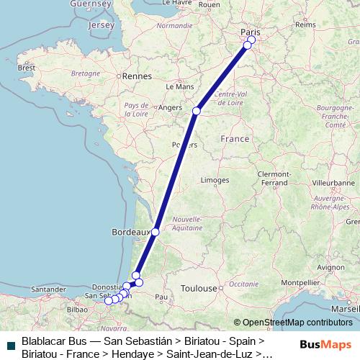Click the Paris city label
click(249, 31)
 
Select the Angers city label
click(169, 108)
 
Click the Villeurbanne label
click(328, 184)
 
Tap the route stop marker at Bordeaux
click(156, 232)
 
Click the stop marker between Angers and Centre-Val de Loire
click(196, 111)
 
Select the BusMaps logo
click(326, 344)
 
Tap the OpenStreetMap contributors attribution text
click(297, 322)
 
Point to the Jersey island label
click(101, 25)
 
